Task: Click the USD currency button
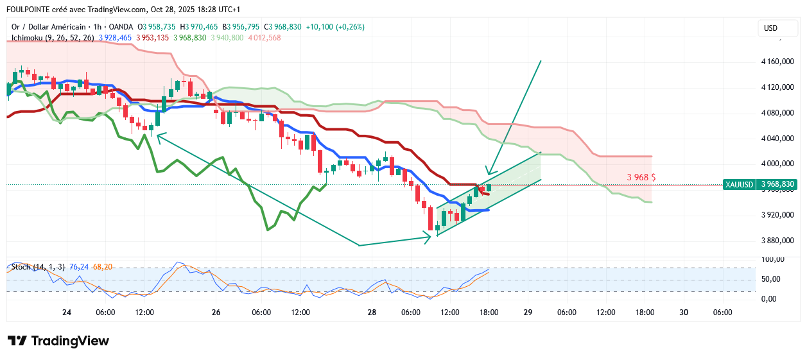pyautogui.click(x=770, y=28)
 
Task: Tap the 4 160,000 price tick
pyautogui.click(x=777, y=62)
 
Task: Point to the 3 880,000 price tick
pyautogui.click(x=777, y=241)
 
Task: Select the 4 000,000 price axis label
pyautogui.click(x=777, y=164)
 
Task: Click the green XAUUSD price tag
pyautogui.click(x=738, y=185)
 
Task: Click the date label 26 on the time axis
pyautogui.click(x=216, y=313)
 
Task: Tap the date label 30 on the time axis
pyautogui.click(x=683, y=313)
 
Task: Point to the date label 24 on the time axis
pyautogui.click(x=67, y=313)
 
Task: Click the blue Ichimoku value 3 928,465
pyautogui.click(x=116, y=38)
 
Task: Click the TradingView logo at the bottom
pyautogui.click(x=58, y=341)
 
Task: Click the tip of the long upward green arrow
pyautogui.click(x=541, y=60)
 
